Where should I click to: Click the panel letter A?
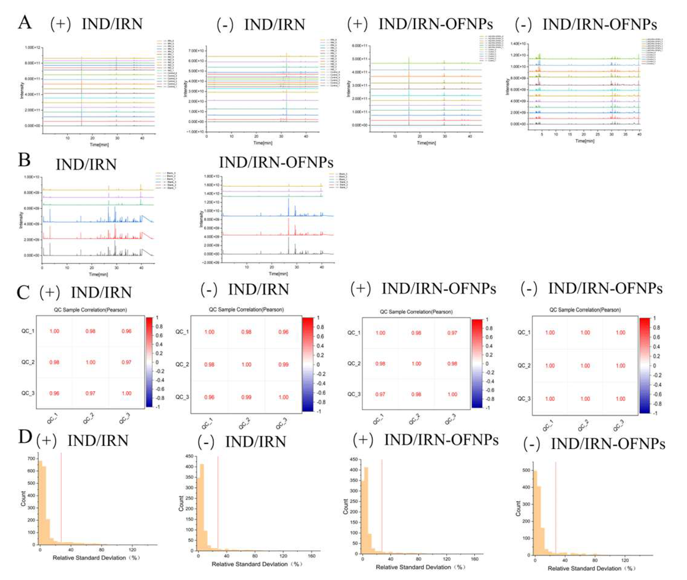click(x=25, y=23)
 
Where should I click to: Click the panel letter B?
click(x=24, y=160)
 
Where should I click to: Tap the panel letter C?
click(x=23, y=293)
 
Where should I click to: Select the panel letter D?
click(x=25, y=438)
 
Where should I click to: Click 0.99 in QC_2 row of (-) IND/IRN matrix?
click(x=283, y=365)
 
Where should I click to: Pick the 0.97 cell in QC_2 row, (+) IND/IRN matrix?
click(x=126, y=362)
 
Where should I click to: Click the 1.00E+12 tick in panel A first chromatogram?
click(x=32, y=48)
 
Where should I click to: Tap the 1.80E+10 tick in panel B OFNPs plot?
click(x=212, y=176)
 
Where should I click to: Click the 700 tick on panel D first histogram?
click(x=31, y=458)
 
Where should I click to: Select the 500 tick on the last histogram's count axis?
click(x=526, y=471)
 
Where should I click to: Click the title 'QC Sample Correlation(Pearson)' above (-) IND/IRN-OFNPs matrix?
click(x=585, y=310)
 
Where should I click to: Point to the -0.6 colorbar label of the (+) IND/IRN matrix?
click(x=159, y=389)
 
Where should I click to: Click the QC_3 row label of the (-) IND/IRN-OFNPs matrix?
click(x=524, y=399)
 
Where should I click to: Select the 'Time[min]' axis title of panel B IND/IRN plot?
click(x=98, y=274)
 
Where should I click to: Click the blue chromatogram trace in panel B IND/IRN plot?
click(x=99, y=221)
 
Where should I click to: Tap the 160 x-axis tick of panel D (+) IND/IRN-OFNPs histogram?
click(x=474, y=559)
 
